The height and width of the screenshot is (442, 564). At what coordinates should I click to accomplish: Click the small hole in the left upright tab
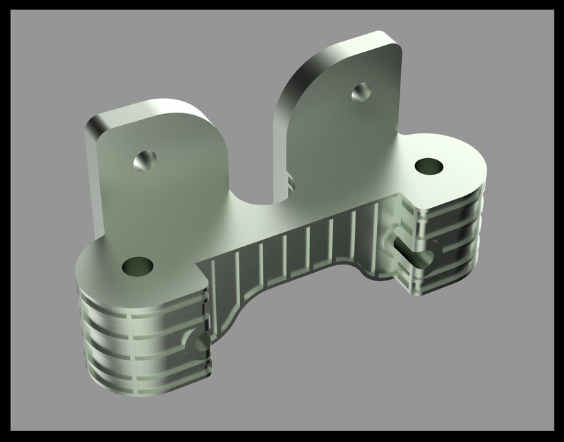(x=145, y=160)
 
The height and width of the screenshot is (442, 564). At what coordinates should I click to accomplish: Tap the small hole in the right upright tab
(x=362, y=91)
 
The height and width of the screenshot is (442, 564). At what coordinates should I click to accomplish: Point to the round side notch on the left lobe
(x=199, y=343)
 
